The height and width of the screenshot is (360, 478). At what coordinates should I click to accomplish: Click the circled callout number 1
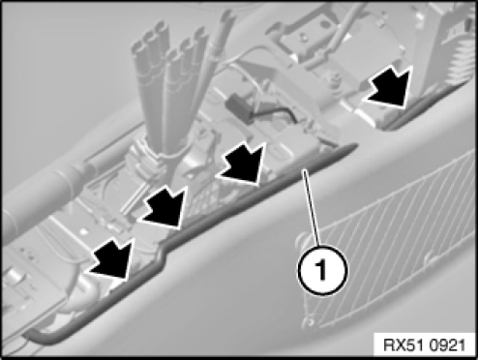(x=322, y=270)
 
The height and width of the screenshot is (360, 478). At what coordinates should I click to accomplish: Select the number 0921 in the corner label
(x=447, y=345)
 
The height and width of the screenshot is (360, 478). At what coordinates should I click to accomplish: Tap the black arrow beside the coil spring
(x=391, y=85)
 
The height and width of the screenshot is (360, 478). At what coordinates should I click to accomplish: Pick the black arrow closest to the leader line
(x=243, y=165)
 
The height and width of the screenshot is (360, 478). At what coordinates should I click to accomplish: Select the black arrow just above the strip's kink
(x=165, y=208)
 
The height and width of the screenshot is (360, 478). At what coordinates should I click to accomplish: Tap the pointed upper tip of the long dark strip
(x=355, y=146)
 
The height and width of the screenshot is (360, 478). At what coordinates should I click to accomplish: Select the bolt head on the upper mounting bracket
(x=304, y=38)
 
